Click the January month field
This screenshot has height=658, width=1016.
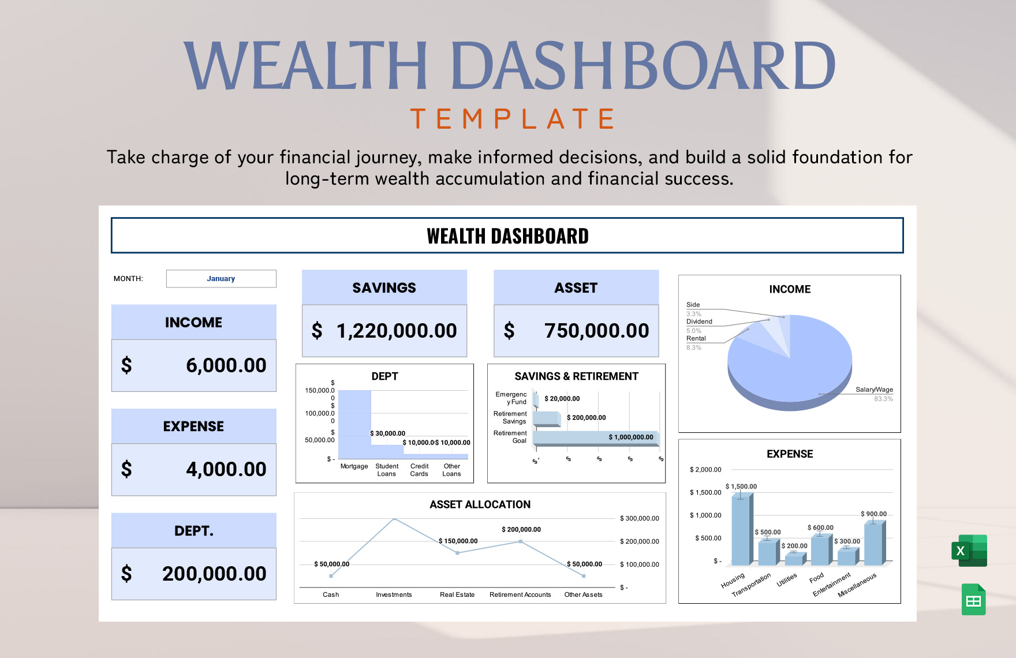coord(221,279)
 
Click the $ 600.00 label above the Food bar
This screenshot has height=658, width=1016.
coord(820,528)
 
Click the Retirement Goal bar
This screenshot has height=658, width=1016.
coord(595,438)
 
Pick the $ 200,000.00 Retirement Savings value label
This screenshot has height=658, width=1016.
coord(586,418)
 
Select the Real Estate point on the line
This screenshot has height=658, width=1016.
coord(457,553)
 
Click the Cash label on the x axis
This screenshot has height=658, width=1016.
coord(331,595)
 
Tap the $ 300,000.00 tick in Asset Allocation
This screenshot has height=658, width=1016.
coord(639,518)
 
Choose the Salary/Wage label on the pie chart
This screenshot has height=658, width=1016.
coord(874,390)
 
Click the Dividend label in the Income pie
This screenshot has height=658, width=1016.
coord(699,321)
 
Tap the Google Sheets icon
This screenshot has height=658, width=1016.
coord(973,600)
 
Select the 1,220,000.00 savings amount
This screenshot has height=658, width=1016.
coord(396,331)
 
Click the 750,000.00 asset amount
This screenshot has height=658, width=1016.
coord(596,331)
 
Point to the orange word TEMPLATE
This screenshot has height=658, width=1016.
coord(513,119)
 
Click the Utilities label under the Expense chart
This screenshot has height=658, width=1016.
coord(786,580)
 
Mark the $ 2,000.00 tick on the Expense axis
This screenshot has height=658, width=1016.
coord(705,470)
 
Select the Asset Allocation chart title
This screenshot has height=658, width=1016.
coord(480,504)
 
